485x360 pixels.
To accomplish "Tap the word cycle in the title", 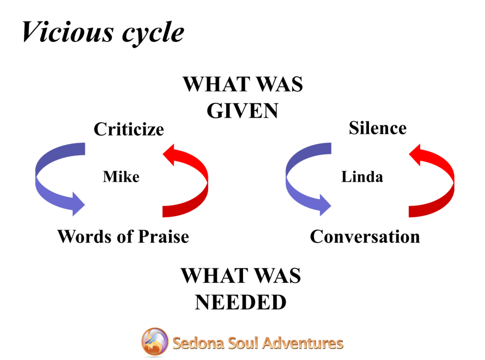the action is coord(153,34).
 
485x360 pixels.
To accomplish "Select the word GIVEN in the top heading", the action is coord(242,111).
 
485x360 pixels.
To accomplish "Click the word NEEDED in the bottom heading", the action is coord(241,302).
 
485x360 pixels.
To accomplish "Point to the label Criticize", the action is coord(129,129).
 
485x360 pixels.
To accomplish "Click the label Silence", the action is coord(377,128).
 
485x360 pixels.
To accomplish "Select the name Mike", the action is coord(121,177).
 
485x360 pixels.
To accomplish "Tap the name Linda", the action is coord(362,177).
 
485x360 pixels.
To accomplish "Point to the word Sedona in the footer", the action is coord(198,343).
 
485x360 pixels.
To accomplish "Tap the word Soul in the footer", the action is coord(243,343).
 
